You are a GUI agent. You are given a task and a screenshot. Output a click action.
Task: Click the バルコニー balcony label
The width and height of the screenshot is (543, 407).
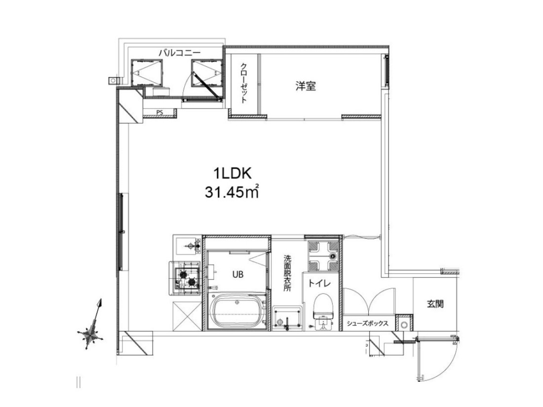[179, 53]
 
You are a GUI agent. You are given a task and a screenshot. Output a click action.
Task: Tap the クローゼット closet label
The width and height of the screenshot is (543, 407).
[244, 83]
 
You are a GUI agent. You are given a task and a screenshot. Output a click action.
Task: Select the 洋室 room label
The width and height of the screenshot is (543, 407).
[306, 86]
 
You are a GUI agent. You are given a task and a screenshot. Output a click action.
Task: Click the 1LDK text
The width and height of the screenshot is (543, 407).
[232, 173]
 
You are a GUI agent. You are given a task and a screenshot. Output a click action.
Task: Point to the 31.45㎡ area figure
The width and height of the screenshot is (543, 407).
[232, 192]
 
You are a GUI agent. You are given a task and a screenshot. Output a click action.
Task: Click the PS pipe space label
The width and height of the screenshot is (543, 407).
[159, 112]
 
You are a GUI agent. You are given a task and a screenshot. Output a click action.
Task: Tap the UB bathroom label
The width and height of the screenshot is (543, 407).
[237, 274]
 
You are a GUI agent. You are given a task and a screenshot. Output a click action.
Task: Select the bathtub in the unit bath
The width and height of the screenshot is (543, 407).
[237, 311]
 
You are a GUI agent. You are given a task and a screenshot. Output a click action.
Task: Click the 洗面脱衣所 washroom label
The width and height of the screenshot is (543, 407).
[287, 273]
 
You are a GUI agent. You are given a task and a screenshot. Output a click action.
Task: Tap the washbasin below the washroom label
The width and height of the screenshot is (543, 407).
[287, 317]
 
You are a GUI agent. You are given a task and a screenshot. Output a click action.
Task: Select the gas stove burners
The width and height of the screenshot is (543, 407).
[187, 278]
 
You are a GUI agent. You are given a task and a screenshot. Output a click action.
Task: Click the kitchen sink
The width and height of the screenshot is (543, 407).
[187, 245]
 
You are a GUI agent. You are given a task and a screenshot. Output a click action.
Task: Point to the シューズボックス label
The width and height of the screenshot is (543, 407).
[367, 323]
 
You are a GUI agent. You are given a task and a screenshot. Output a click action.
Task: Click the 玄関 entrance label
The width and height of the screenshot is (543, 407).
[435, 304]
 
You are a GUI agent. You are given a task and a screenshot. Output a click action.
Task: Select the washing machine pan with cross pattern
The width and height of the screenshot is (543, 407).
[323, 256]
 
